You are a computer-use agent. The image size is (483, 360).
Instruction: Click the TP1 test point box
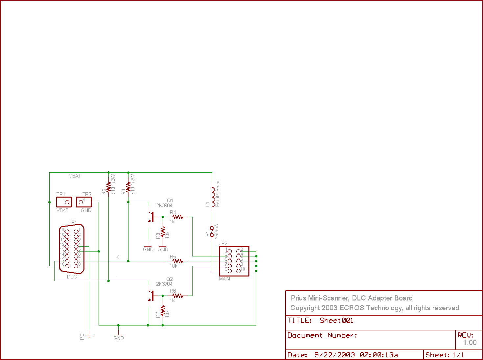[x=64, y=202]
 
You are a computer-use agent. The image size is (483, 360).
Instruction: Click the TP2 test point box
[x=84, y=202]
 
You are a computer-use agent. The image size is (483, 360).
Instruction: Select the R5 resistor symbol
[x=177, y=261]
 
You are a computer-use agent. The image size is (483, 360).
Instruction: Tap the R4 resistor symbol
[x=177, y=217]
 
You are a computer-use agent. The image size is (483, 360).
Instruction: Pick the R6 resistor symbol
[x=177, y=296]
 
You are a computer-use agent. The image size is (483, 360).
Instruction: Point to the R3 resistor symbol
[x=163, y=232]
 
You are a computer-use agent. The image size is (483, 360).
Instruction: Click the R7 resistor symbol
[x=163, y=310]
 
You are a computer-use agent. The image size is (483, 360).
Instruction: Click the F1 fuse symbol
[x=212, y=231]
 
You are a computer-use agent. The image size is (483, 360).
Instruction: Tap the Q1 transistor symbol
[x=151, y=217]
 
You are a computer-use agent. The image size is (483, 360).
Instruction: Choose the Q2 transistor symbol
[x=151, y=296]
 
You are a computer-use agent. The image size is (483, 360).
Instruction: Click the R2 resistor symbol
[x=108, y=187]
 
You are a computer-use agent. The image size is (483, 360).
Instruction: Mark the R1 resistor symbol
[x=128, y=187]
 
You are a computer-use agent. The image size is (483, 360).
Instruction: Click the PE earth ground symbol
[x=89, y=336]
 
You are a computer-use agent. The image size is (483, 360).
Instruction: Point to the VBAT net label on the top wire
[x=75, y=176]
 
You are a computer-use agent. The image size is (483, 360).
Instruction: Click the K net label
[x=117, y=257]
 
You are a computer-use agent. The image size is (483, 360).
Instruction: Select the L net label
[x=117, y=276]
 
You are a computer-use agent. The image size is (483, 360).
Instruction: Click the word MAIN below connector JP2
[x=224, y=279]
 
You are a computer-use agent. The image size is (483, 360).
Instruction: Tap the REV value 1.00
[x=470, y=343]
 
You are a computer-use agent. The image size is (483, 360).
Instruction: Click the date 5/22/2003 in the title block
[x=334, y=355]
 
